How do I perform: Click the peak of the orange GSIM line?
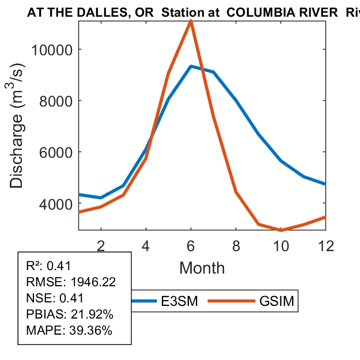tap(191, 21)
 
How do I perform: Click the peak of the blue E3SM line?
tap(191, 66)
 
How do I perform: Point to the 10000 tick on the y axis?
tap(51, 50)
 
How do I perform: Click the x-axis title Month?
tap(202, 267)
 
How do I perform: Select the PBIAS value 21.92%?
tap(91, 314)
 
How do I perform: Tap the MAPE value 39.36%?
tap(90, 331)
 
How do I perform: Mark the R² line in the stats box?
tap(48, 266)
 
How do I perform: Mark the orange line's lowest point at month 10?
tap(281, 230)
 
